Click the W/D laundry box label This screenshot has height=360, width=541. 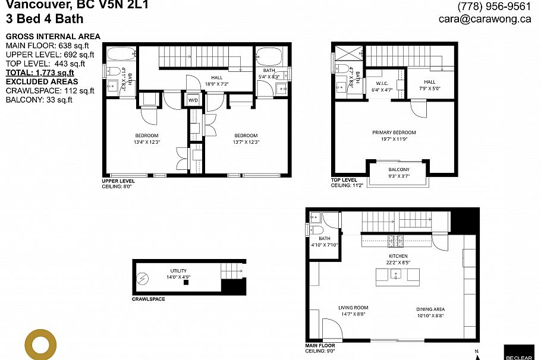[x=193, y=100]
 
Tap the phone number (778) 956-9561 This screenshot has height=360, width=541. [x=493, y=7]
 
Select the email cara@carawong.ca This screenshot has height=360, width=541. [x=485, y=19]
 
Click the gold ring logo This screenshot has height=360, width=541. [x=40, y=344]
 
